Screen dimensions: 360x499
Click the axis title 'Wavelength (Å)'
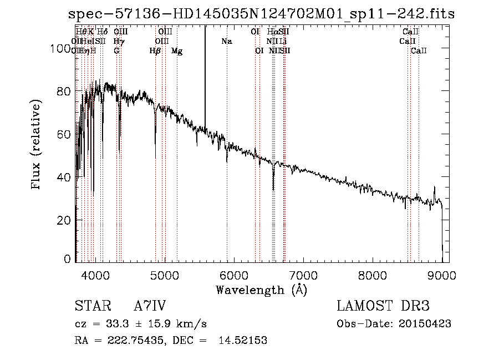point(261,290)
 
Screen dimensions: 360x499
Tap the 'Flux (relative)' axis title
point(37,145)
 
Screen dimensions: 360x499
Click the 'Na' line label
point(226,41)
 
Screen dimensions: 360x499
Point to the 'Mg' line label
point(176,51)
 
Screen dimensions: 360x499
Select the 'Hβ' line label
point(155,51)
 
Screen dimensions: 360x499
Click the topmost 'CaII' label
point(411,32)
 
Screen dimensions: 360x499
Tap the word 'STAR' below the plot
point(90,306)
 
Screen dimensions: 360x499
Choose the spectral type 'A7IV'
point(150,306)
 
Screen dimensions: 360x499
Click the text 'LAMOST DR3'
point(383,306)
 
